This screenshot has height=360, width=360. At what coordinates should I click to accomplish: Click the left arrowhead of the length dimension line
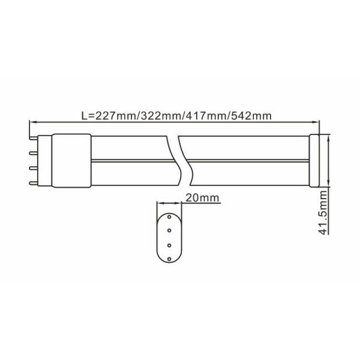coord(32,124)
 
